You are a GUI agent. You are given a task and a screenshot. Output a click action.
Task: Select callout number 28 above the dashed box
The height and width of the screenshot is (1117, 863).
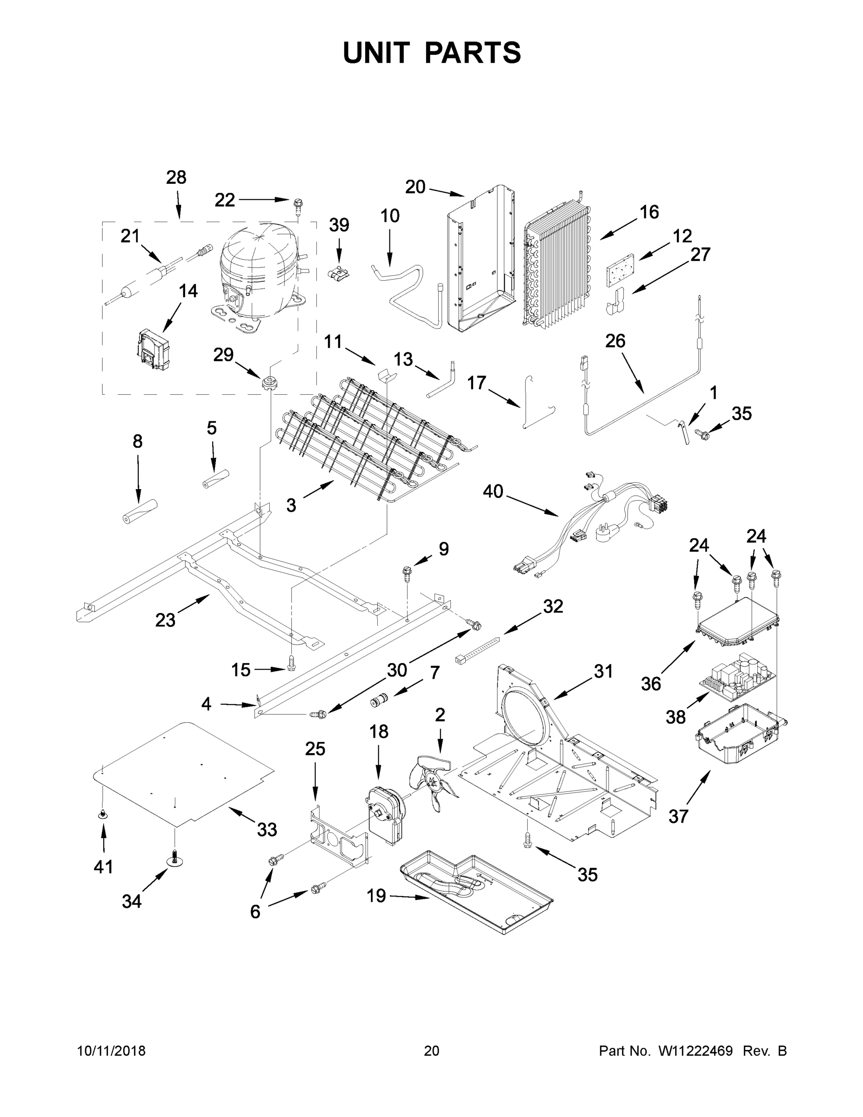(x=176, y=177)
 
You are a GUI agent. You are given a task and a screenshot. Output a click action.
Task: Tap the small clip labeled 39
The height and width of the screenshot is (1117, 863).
(x=339, y=274)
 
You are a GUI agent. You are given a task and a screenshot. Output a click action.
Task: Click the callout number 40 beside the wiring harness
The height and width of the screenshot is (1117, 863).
(x=493, y=491)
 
